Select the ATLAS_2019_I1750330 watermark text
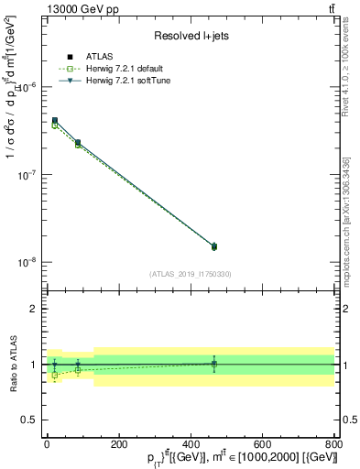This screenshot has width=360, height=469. tap(190, 273)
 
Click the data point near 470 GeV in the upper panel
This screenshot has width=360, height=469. tap(214, 245)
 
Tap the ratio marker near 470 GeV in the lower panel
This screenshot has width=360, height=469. tap(214, 364)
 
